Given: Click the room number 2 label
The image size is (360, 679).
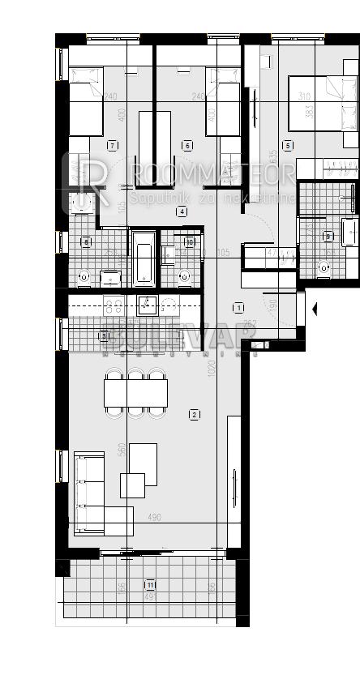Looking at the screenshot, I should tap(194, 415).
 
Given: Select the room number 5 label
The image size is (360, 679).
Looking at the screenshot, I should tap(287, 145).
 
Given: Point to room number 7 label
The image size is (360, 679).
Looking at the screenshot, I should tap(112, 145).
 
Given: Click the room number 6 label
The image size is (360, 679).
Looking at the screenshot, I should tap(187, 145).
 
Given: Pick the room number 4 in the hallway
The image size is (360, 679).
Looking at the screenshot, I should tap(182, 211).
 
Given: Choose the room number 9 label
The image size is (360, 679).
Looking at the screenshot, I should tap(328, 237).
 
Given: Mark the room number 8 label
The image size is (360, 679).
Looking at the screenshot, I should tap(87, 241).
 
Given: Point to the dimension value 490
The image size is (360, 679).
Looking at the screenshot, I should tap(155, 517).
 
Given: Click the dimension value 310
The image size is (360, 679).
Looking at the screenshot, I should tap(305, 96).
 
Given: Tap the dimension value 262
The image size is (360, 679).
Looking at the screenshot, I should tap(251, 323).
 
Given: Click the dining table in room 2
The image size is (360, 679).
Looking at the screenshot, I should tap(135, 393).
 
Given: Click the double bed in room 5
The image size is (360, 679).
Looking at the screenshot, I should tap(323, 103).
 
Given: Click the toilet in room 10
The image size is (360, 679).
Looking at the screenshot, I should tap(184, 276).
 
